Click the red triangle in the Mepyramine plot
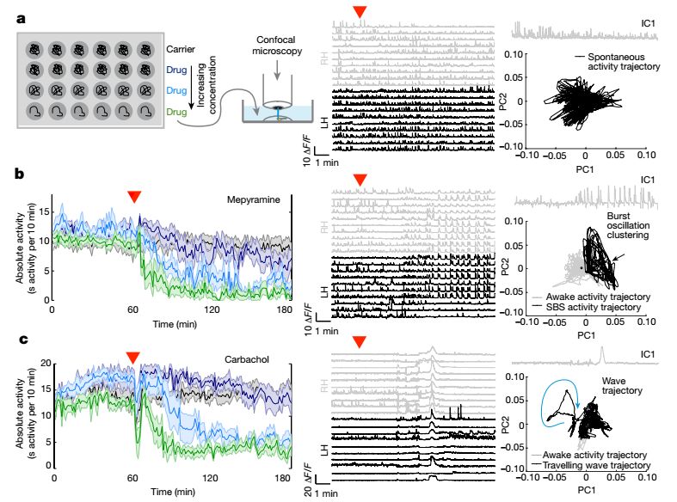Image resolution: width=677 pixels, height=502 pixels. [x=134, y=197]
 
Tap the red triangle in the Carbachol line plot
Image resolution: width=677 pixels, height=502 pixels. [x=132, y=357]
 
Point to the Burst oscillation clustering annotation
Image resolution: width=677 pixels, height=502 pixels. [x=631, y=226]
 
